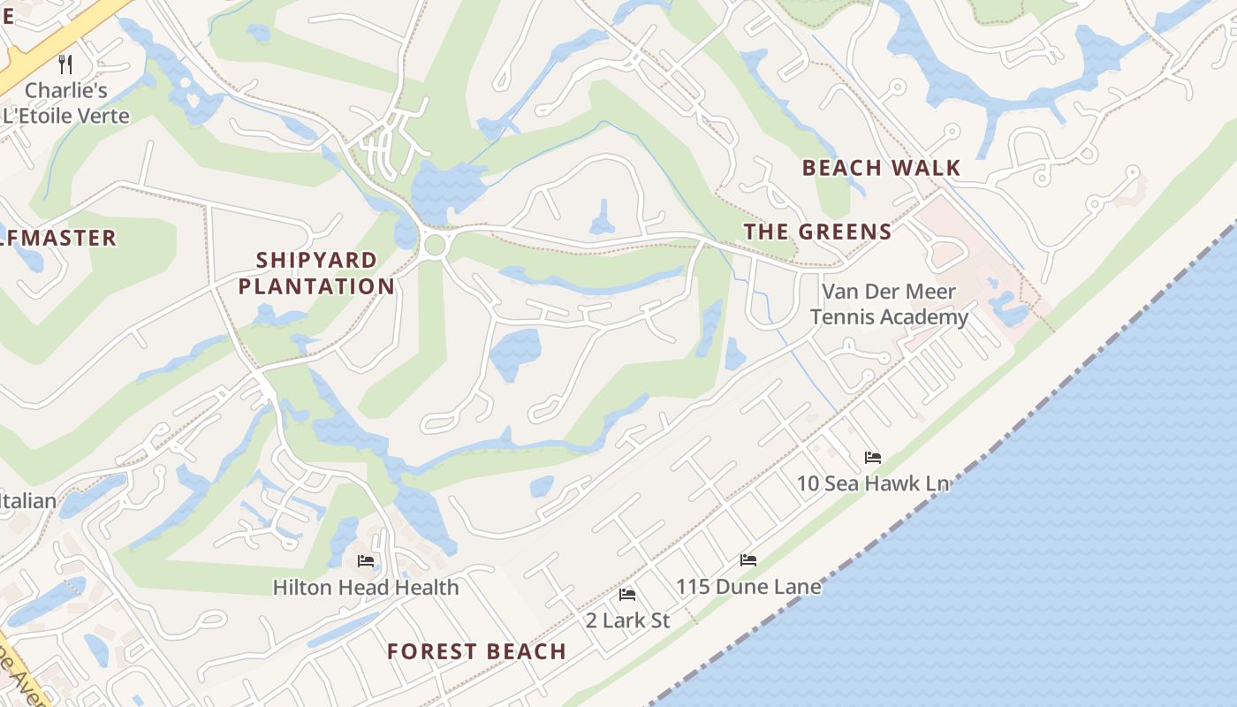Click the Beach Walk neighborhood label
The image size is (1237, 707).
click(x=881, y=168)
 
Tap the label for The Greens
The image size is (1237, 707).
click(x=817, y=232)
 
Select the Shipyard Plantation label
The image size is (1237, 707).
click(x=316, y=273)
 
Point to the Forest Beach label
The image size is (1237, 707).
click(x=476, y=651)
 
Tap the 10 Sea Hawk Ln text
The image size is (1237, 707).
click(x=873, y=483)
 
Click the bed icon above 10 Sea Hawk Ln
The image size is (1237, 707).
click(x=873, y=457)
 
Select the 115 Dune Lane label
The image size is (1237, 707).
click(x=748, y=587)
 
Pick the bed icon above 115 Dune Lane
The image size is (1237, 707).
click(x=748, y=560)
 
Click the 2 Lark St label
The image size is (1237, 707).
click(x=627, y=620)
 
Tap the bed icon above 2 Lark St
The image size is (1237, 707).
click(x=627, y=594)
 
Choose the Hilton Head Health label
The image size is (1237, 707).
click(x=365, y=588)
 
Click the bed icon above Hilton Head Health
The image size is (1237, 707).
click(x=365, y=561)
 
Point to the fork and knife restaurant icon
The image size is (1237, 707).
click(x=65, y=64)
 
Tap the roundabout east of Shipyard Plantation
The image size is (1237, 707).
click(x=434, y=245)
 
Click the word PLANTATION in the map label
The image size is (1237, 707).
click(x=316, y=286)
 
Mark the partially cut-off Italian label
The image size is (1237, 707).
click(x=27, y=501)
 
